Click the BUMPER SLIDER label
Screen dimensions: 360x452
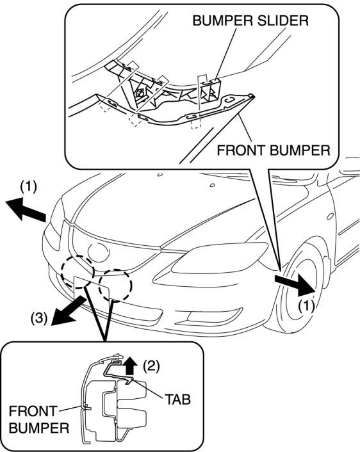pos(250,20)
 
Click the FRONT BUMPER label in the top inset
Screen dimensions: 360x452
pos(274,150)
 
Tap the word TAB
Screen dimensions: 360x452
pos(177,400)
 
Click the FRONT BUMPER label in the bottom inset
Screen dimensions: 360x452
pos(38,420)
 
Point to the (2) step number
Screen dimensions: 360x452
pos(151,366)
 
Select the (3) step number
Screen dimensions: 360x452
pos(39,319)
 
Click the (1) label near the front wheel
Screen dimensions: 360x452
pos(306,305)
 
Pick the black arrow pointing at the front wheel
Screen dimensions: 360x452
pos(295,284)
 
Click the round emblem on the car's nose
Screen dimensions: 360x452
pos(99,252)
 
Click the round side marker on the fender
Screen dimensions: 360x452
pos(331,216)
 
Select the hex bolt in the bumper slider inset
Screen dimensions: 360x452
pos(140,93)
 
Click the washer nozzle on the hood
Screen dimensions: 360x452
pos(213,185)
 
